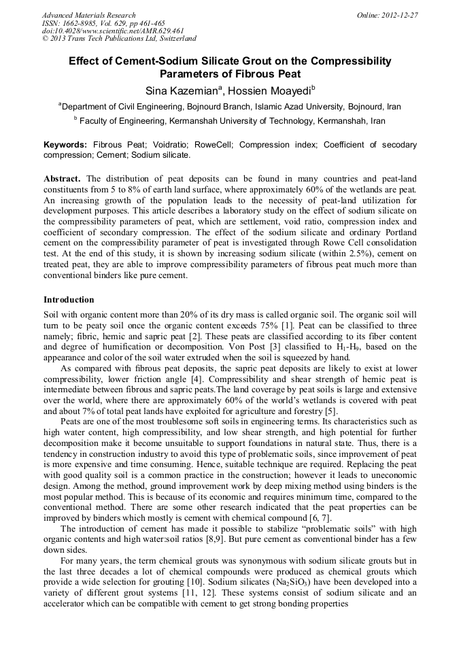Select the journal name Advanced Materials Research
(x=88, y=15)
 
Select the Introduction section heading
(x=69, y=299)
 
